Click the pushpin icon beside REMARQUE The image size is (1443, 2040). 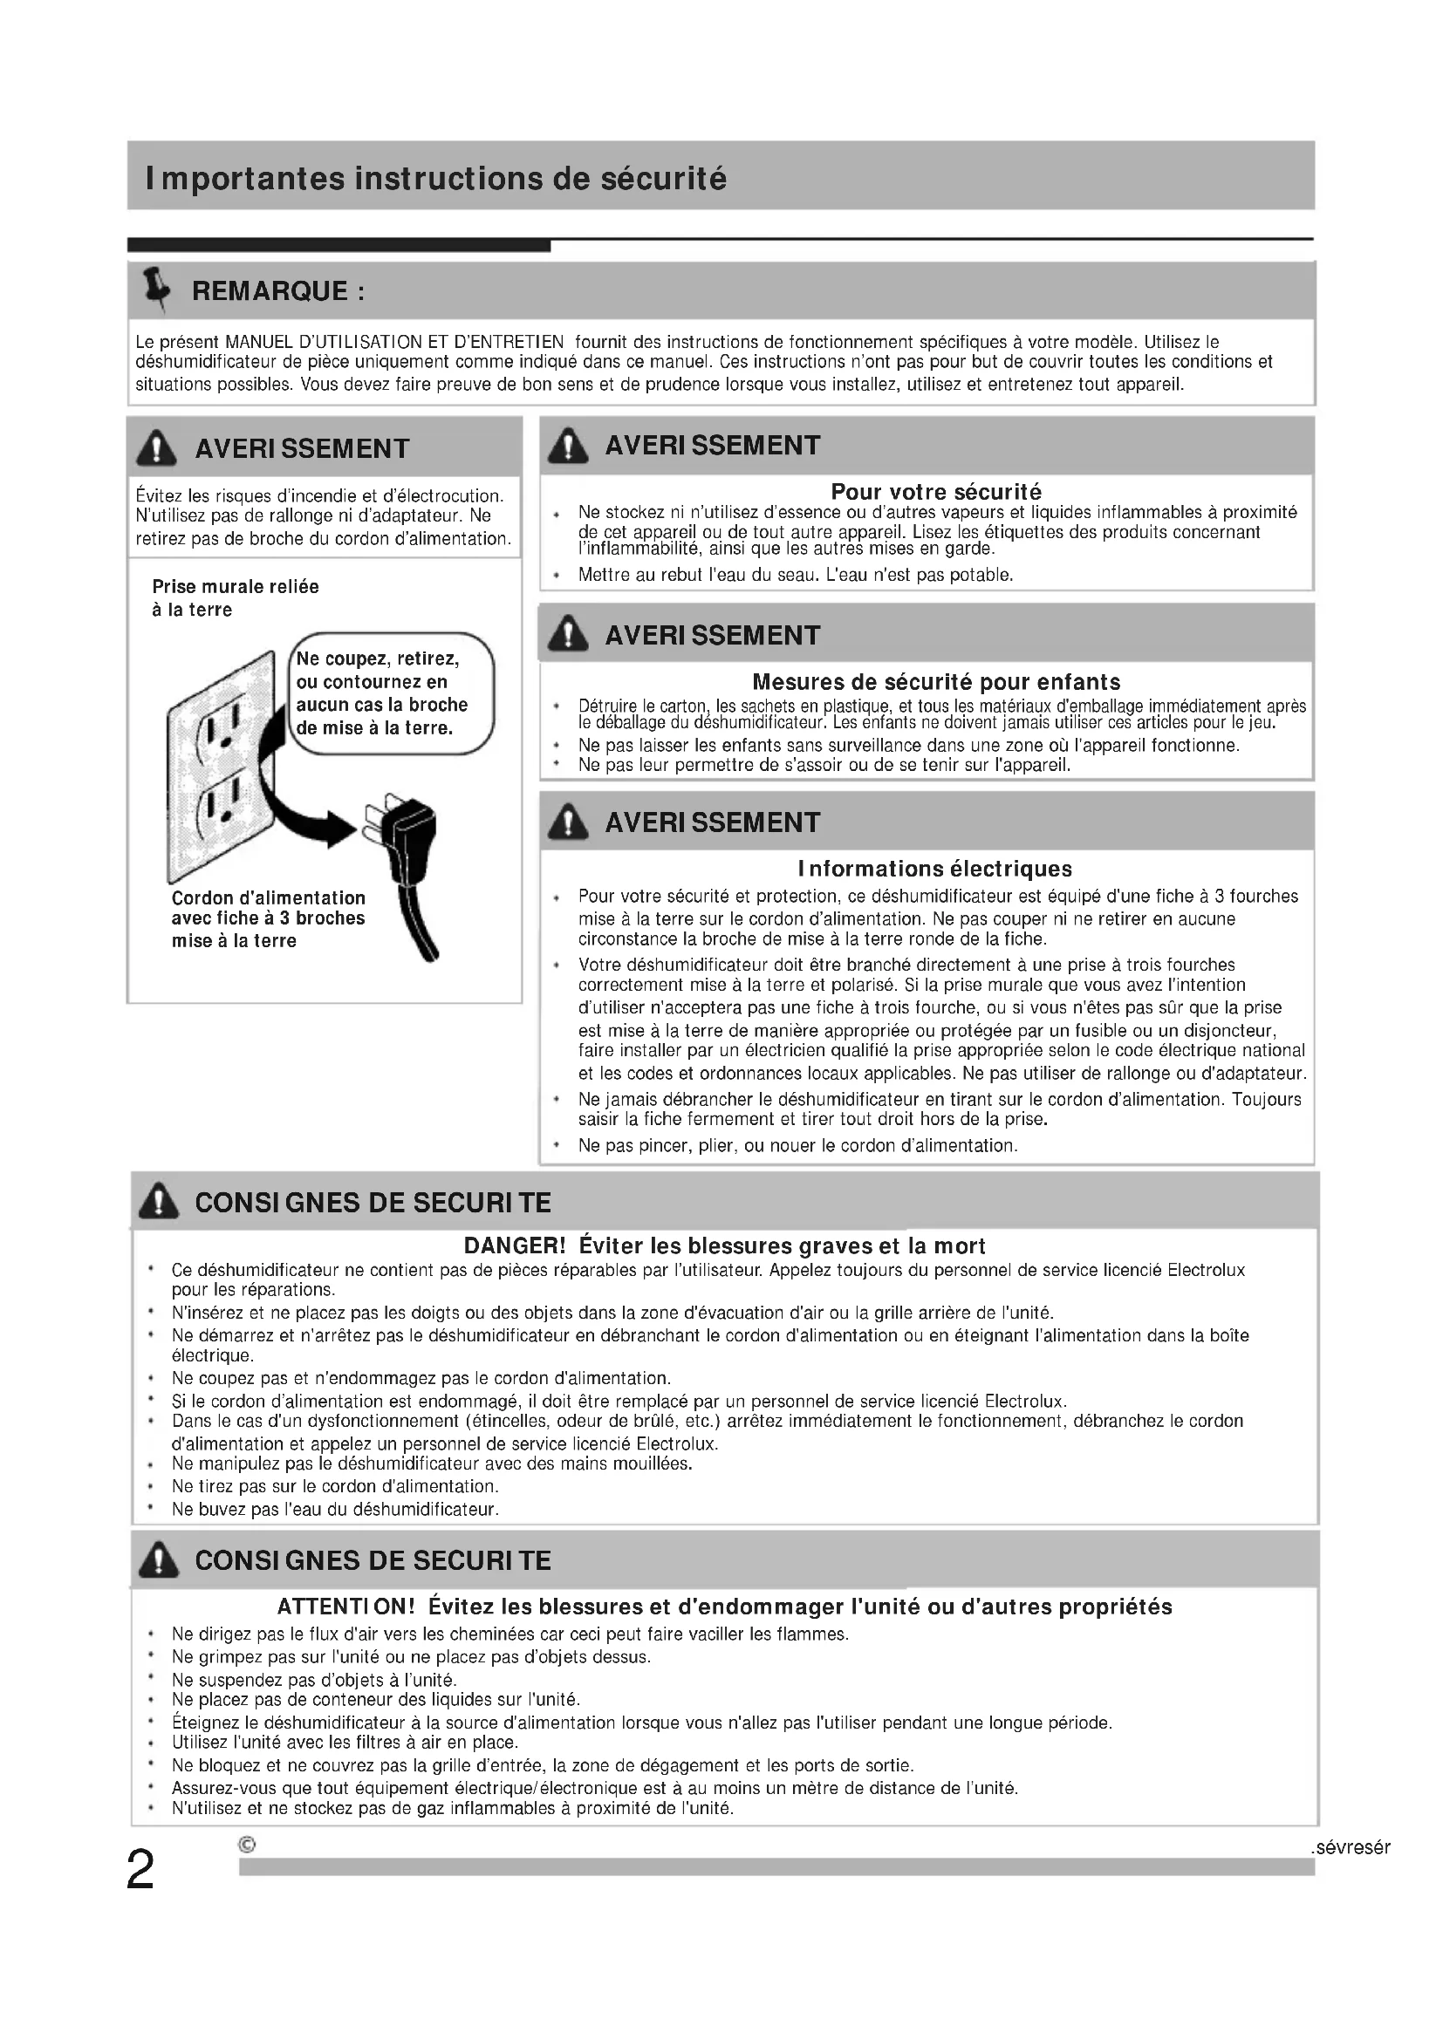157,288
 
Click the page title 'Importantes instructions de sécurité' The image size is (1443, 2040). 435,179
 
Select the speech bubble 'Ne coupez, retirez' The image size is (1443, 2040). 391,693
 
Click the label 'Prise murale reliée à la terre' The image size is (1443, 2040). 235,598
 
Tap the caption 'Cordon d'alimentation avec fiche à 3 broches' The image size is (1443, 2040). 268,918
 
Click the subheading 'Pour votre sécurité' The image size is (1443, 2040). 935,491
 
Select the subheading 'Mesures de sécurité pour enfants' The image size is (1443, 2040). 935,681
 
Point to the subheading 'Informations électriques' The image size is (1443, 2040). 934,868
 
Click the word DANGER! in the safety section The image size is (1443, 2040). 515,1245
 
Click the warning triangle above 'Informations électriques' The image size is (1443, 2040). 568,822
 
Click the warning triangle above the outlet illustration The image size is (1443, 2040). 156,447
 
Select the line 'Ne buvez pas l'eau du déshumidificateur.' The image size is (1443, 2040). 335,1509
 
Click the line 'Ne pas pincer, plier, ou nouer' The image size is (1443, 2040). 797,1145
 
